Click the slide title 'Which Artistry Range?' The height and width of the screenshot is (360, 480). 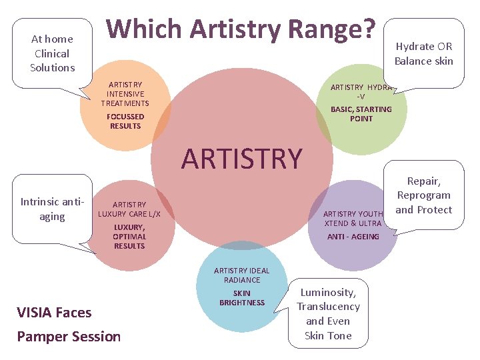point(241,29)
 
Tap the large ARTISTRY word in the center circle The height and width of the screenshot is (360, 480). point(241,159)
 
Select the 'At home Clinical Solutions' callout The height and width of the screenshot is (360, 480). point(52,53)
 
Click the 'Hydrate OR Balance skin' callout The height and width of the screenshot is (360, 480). point(423,53)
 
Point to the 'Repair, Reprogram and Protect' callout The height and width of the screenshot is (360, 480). point(423,195)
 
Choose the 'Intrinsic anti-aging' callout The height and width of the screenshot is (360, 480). point(52,209)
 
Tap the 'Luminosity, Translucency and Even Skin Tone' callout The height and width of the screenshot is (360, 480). point(328,313)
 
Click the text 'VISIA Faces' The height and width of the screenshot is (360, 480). point(55,312)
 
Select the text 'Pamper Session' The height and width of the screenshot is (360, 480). point(69,337)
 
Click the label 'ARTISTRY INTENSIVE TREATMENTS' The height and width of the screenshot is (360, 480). point(125,94)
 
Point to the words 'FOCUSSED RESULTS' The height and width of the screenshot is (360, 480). point(125,121)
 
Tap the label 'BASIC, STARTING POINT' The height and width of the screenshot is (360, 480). point(361,114)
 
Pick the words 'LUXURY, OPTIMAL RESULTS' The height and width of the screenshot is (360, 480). point(129,237)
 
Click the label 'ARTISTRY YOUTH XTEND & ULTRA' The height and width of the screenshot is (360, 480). point(353,219)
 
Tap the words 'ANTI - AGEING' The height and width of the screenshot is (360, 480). point(353,237)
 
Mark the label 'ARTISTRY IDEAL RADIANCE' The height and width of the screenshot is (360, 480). point(241,275)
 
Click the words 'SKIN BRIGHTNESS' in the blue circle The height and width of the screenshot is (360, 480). point(241,298)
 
